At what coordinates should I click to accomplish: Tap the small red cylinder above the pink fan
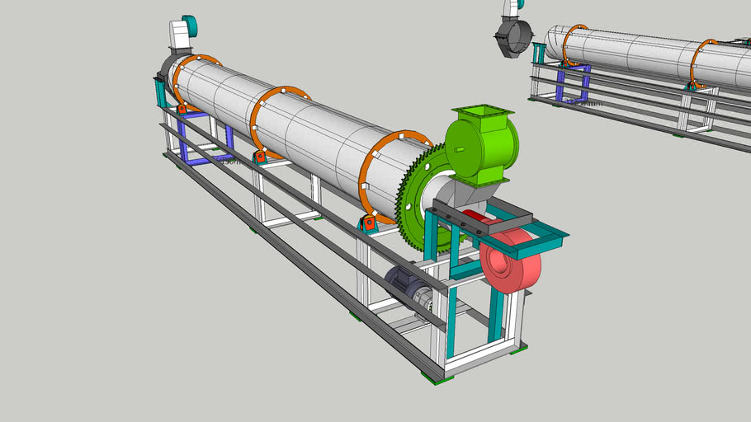[475, 220]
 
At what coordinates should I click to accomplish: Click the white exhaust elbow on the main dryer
[179, 37]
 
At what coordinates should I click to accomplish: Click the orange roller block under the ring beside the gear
[368, 223]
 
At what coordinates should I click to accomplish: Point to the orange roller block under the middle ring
[260, 156]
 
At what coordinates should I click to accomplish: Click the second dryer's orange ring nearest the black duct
[569, 45]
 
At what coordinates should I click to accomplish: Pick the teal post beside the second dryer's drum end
[538, 54]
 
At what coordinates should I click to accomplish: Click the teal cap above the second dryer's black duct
[512, 7]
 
